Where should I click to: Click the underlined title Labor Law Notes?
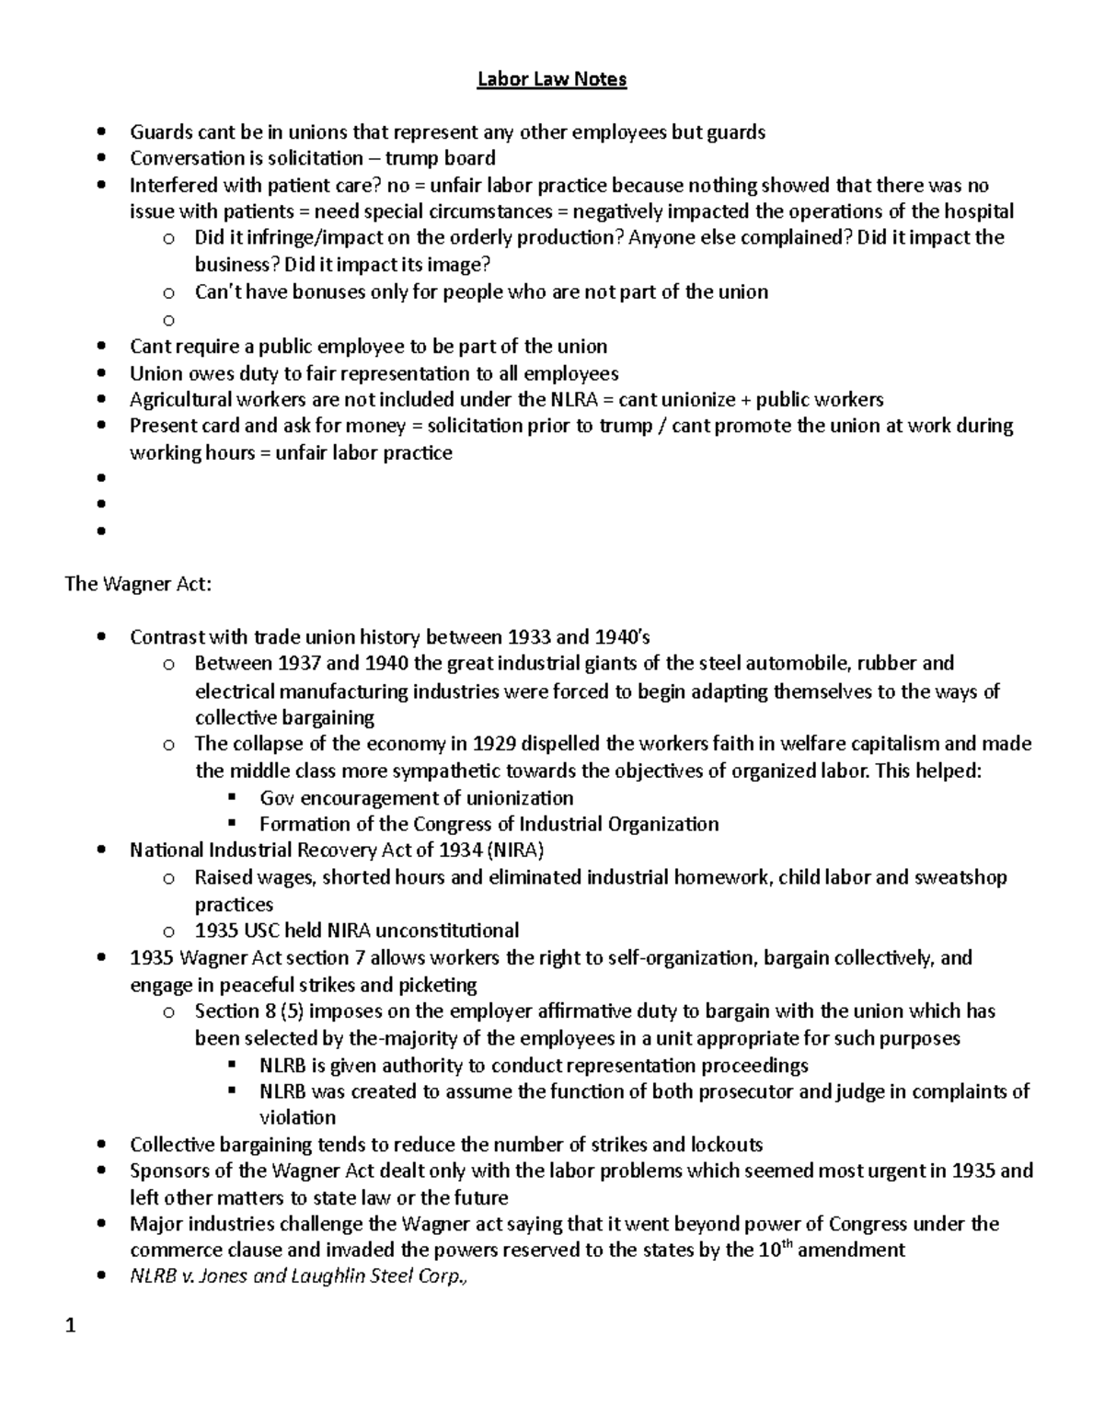click(551, 79)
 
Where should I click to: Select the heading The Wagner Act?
click(138, 584)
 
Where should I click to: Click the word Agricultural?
click(181, 399)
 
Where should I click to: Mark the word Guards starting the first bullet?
click(159, 132)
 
